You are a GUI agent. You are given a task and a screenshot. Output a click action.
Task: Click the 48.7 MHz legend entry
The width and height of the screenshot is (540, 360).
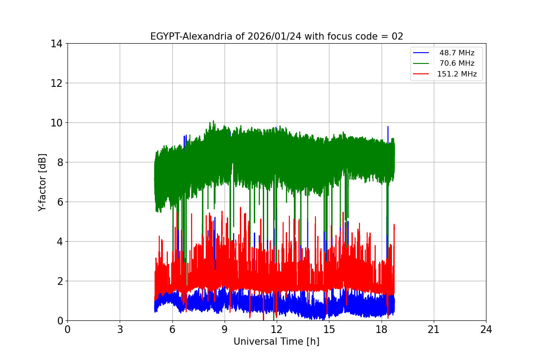[457, 53]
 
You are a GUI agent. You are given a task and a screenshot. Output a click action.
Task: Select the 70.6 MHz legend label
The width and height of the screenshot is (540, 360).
[457, 63]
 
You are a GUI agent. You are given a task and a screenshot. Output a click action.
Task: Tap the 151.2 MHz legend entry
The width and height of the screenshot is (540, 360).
[457, 74]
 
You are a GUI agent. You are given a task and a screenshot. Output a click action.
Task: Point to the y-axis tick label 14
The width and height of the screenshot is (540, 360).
[57, 44]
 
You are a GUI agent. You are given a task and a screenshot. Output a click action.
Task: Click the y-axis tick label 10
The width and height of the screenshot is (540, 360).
[57, 123]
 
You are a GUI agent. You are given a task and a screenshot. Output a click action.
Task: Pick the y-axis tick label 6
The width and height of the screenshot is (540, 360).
[59, 202]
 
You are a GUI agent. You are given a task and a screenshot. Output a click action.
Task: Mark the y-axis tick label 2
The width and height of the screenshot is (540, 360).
[59, 281]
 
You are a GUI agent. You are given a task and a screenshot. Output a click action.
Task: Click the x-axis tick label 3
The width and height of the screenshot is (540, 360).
[120, 329]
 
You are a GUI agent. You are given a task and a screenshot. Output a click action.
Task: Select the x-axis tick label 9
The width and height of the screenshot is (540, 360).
[225, 329]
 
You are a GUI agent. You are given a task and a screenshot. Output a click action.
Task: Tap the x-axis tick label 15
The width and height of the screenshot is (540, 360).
[329, 329]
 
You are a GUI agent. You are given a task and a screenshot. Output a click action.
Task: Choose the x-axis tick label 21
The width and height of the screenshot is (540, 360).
[434, 329]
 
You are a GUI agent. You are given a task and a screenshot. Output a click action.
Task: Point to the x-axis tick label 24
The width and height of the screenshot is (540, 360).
[486, 329]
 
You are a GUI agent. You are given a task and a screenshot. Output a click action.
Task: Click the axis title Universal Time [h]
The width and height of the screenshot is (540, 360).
[276, 342]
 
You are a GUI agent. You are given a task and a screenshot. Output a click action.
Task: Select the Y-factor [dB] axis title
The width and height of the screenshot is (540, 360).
[42, 182]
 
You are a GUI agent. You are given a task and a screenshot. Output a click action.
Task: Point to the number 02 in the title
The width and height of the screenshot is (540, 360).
[397, 36]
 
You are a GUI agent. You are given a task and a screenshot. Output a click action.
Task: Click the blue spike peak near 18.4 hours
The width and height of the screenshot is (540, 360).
[387, 127]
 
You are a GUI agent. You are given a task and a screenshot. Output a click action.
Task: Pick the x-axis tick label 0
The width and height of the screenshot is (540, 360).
[67, 329]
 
